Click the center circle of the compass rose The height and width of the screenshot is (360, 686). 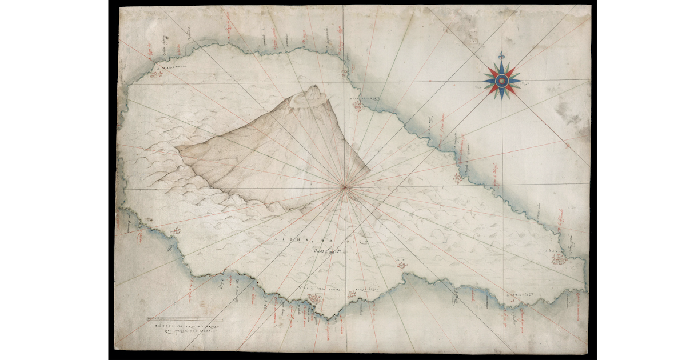coord(502,81)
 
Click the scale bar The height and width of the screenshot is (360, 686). coord(185,319)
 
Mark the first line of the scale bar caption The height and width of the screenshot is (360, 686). coord(185,325)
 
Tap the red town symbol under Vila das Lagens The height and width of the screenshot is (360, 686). coord(321,298)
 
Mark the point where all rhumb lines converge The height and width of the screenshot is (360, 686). coord(344,186)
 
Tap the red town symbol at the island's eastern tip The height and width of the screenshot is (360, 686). coord(558,260)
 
